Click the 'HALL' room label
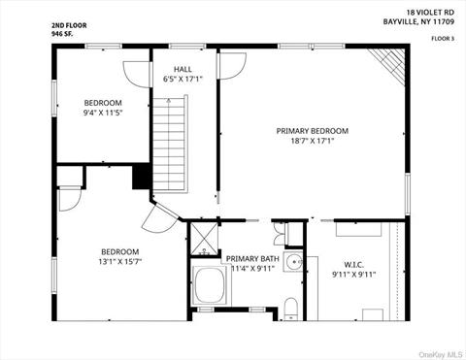(183, 69)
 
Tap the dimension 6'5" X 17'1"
(183, 80)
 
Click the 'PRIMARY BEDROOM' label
(312, 130)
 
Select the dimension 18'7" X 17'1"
(312, 141)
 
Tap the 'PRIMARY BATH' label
(252, 258)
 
